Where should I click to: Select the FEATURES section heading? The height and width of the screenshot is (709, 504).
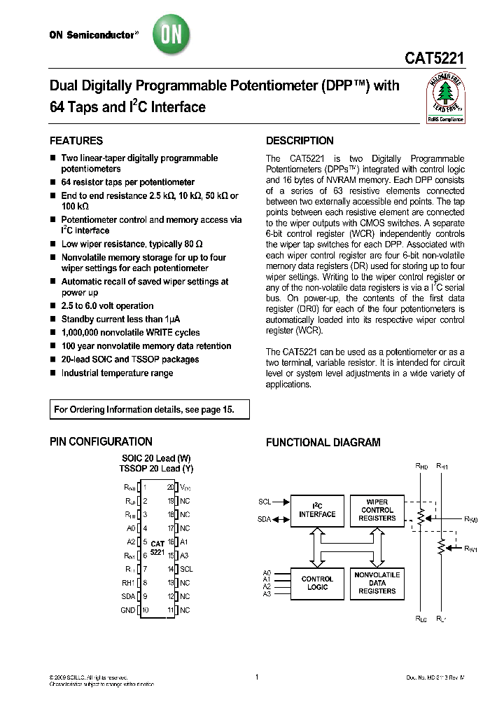[76, 141]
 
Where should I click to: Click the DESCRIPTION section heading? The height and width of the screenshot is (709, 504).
[300, 141]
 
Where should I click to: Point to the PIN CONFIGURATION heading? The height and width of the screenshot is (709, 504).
[101, 442]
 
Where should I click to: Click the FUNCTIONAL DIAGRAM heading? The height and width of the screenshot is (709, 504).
[323, 443]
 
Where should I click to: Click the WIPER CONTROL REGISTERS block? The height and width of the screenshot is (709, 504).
[377, 510]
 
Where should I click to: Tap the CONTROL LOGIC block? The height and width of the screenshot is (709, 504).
[318, 584]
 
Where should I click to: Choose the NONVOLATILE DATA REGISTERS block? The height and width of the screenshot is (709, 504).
[377, 583]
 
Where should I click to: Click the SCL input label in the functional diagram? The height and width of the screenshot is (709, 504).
[264, 502]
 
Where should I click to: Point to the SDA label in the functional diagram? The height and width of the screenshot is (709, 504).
[264, 519]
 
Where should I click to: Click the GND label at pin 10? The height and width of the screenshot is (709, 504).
[128, 610]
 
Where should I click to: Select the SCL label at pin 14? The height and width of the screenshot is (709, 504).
[185, 570]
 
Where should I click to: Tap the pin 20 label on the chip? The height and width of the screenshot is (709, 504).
[170, 487]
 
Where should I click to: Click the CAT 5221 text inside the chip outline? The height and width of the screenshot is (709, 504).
[157, 548]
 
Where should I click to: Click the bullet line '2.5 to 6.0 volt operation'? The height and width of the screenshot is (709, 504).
[107, 306]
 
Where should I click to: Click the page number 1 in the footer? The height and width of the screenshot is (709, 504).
[257, 677]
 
